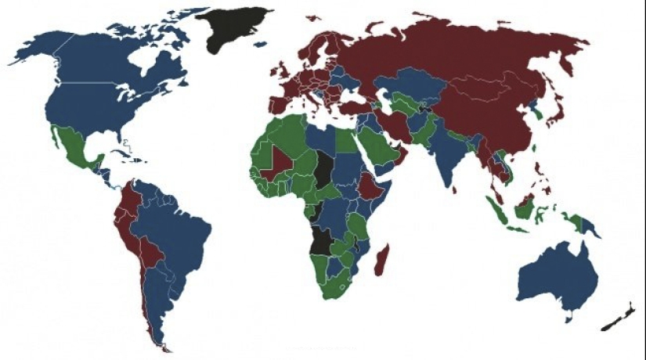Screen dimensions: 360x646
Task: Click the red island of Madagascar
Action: (381, 259)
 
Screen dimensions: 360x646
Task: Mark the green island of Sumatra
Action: (495, 207)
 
